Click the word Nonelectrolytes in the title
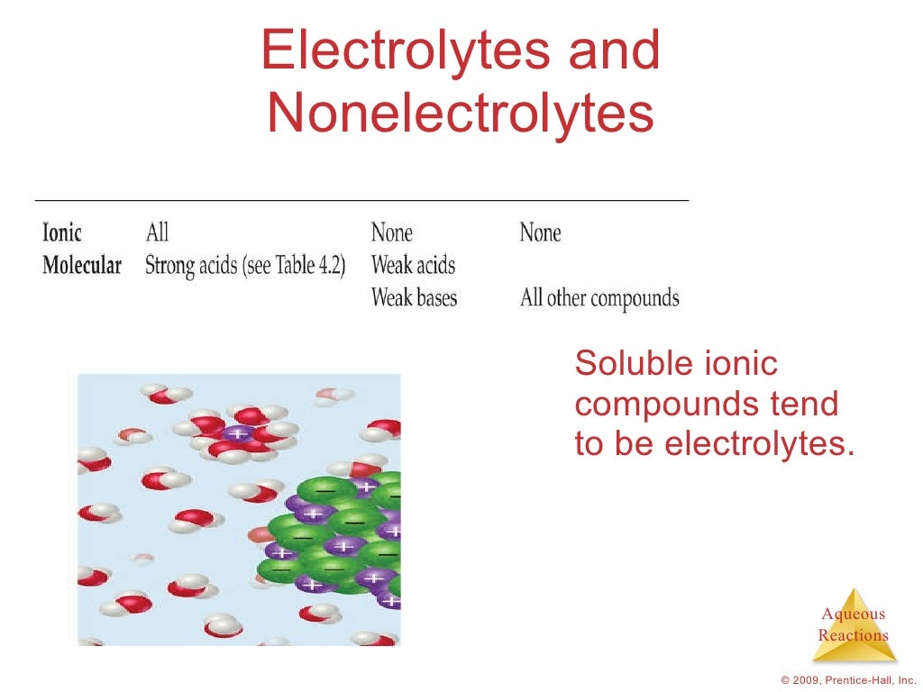pyautogui.click(x=460, y=114)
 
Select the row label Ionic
pyautogui.click(x=62, y=233)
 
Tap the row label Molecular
pyautogui.click(x=82, y=266)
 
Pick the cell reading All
pyautogui.click(x=157, y=233)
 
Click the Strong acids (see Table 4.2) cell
pyautogui.click(x=245, y=267)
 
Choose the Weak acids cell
pyautogui.click(x=413, y=266)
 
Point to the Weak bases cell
pyautogui.click(x=414, y=298)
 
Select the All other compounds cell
pyautogui.click(x=599, y=298)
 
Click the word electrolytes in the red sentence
pyautogui.click(x=759, y=444)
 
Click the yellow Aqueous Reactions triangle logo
pyautogui.click(x=852, y=627)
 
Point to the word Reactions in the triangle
pyautogui.click(x=853, y=635)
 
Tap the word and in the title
pyautogui.click(x=614, y=51)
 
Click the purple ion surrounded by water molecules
pyautogui.click(x=237, y=433)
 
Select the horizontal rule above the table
pyautogui.click(x=361, y=199)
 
